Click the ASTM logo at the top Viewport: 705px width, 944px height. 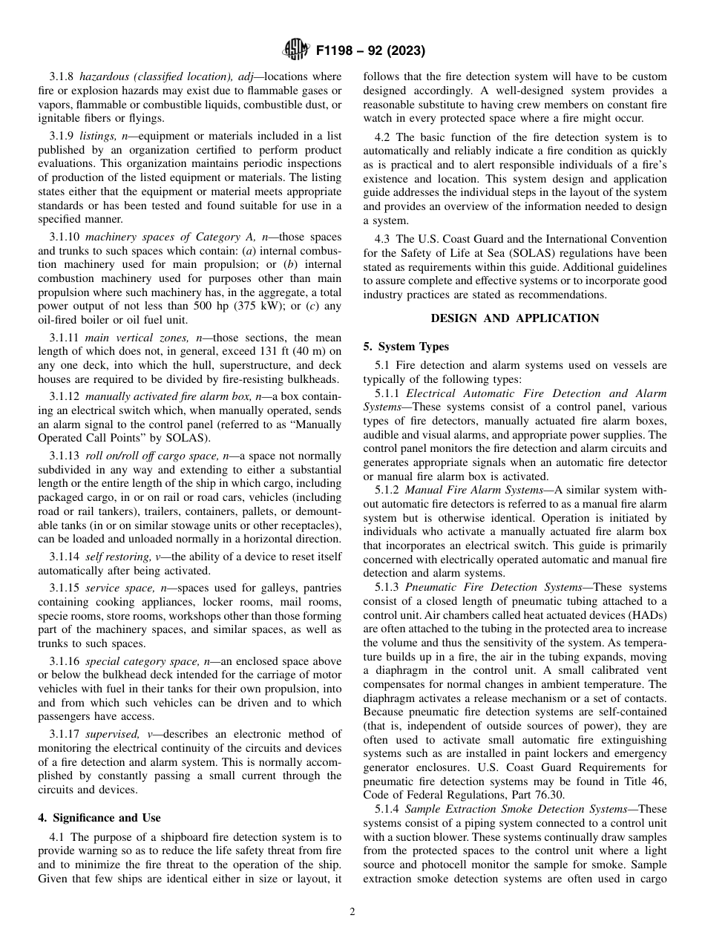[x=297, y=51]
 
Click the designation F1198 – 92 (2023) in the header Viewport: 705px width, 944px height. [x=370, y=51]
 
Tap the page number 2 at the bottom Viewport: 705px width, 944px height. [x=352, y=912]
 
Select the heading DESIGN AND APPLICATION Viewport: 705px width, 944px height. [x=515, y=318]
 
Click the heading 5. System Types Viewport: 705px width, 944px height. [x=406, y=347]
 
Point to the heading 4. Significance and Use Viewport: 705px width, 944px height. [x=99, y=818]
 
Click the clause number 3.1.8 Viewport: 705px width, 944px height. [x=62, y=76]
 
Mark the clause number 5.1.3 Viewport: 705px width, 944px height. [x=387, y=587]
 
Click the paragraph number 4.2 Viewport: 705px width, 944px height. [x=383, y=137]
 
